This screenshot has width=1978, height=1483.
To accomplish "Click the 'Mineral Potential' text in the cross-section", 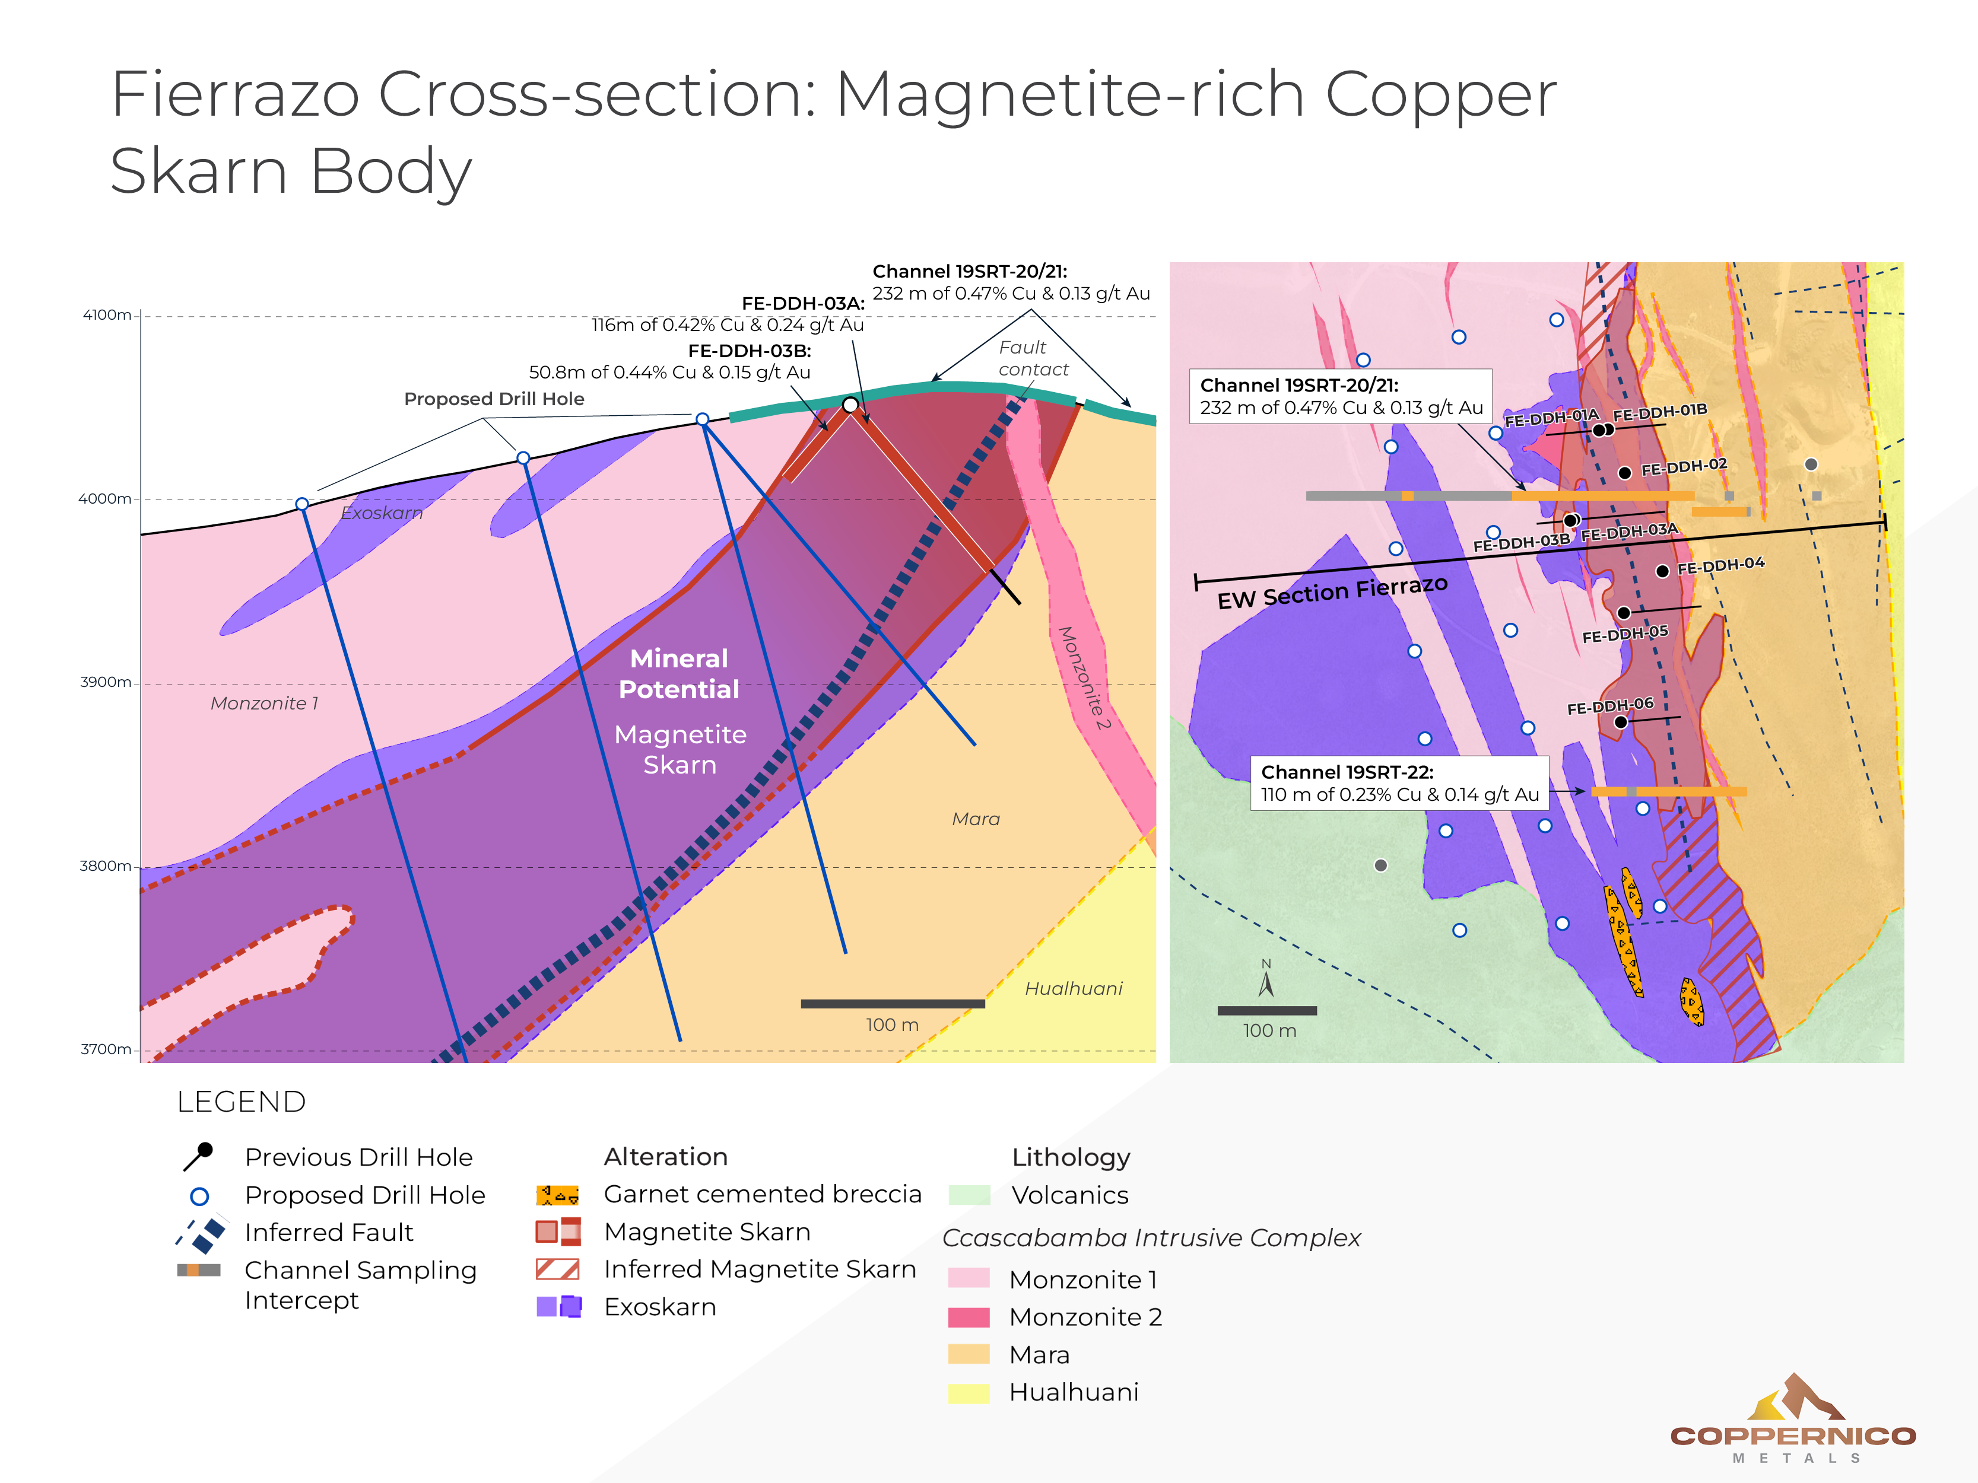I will pos(680,673).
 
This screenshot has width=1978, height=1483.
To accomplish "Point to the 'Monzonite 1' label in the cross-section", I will pos(264,704).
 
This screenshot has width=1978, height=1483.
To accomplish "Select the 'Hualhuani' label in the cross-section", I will pos(1073,988).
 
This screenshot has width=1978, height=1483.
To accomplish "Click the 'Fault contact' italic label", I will pos(1032,358).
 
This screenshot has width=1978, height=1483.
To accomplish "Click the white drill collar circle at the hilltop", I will pos(850,405).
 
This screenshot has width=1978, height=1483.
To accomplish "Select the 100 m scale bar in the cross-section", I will pos(893,1004).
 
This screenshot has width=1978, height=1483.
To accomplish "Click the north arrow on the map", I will pos(1266,980).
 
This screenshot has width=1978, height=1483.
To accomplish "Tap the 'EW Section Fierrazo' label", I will pos(1332,592).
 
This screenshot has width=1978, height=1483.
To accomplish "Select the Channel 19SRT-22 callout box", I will pos(1399,783).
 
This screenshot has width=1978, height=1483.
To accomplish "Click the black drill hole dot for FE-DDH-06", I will pos(1620,721).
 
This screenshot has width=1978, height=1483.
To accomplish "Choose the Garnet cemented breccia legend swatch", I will pos(557,1195).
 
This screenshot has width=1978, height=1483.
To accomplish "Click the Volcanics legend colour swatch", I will pos(969,1195).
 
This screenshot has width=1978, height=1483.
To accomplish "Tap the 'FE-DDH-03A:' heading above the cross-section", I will pos(803,304).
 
